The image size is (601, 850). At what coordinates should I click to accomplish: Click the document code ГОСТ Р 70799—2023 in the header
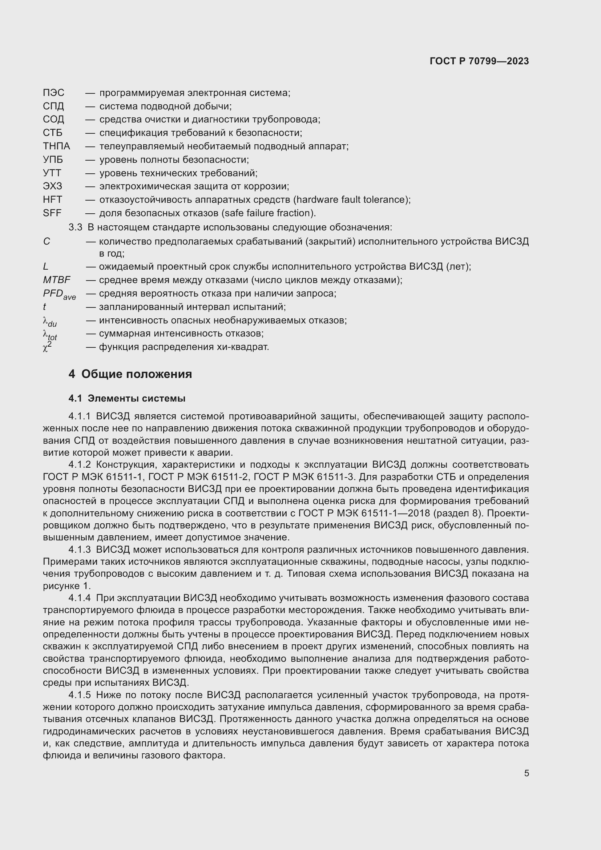(479, 61)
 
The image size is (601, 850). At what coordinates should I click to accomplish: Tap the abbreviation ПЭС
(54, 93)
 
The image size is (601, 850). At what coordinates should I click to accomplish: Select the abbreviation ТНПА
(56, 146)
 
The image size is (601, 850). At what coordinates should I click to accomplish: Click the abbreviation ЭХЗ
(53, 186)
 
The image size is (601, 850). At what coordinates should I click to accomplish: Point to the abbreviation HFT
(53, 200)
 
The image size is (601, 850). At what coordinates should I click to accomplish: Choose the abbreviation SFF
(52, 213)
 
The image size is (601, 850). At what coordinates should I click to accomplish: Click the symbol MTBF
(57, 280)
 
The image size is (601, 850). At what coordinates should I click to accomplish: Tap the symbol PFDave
(59, 294)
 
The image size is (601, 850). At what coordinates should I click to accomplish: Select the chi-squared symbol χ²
(47, 347)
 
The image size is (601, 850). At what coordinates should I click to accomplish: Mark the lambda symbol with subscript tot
(50, 335)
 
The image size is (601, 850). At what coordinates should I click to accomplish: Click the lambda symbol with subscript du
(49, 321)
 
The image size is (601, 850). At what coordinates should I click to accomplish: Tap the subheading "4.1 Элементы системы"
(126, 398)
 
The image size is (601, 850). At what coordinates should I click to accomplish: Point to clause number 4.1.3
(79, 550)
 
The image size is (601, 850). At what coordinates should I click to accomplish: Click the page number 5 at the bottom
(526, 773)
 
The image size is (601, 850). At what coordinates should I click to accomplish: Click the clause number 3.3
(75, 227)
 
